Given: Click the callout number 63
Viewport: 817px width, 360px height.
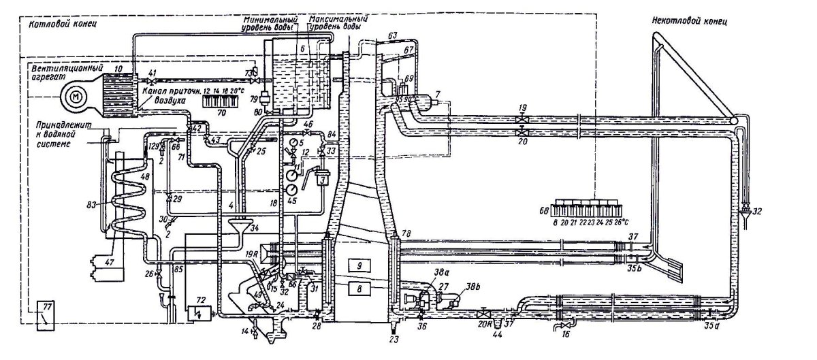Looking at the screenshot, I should coord(391,33).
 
